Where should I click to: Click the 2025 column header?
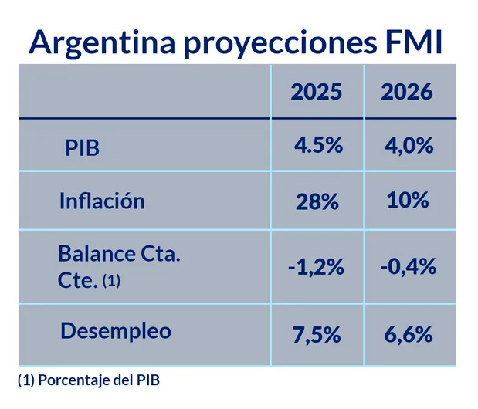point(317,92)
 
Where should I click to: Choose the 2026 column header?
point(408,92)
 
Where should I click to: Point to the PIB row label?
point(82,148)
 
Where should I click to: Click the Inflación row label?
point(102,201)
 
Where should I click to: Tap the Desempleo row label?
point(116,332)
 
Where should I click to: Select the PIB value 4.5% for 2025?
point(317,145)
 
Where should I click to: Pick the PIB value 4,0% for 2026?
point(408,145)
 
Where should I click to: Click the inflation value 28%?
point(317,202)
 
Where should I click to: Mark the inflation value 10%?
point(408,201)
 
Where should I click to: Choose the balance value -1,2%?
point(317,267)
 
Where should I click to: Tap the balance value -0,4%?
point(408,267)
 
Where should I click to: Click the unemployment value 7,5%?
point(317,335)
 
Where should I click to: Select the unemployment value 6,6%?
point(408,335)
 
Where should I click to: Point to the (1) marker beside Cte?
point(111,282)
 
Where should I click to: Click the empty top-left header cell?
point(144,92)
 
